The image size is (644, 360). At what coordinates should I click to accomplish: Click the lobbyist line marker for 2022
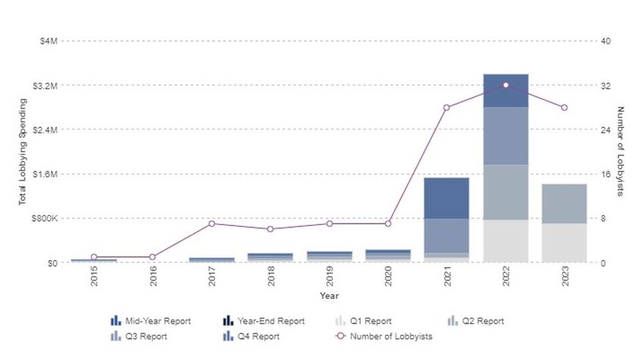click(506, 85)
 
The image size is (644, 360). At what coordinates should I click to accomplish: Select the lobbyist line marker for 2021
click(446, 108)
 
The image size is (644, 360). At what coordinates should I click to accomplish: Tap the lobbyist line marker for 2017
click(211, 224)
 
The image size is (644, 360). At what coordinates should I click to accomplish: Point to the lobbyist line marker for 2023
click(564, 108)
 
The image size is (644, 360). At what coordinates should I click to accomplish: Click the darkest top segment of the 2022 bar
click(506, 91)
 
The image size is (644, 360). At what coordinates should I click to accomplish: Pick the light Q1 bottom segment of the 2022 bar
click(506, 241)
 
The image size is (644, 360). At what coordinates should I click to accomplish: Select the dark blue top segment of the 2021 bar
click(446, 199)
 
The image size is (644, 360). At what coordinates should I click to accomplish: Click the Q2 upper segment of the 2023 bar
click(564, 204)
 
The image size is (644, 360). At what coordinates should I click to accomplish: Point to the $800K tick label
click(44, 218)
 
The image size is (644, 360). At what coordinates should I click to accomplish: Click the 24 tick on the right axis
click(605, 130)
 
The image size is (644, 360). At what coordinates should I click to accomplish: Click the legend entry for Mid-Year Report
click(151, 321)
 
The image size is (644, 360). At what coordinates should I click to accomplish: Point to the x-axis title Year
click(329, 296)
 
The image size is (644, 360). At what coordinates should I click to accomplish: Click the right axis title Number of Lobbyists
click(620, 152)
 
